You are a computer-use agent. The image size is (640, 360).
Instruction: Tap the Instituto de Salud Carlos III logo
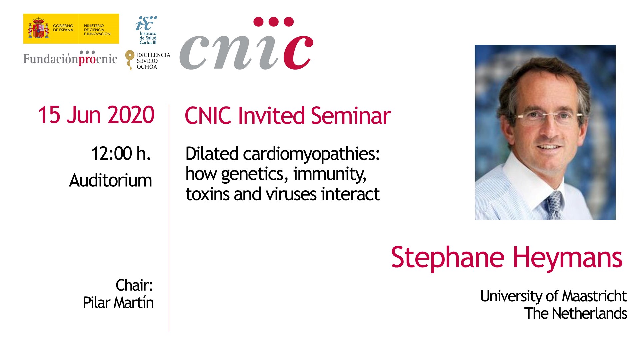pos(147,30)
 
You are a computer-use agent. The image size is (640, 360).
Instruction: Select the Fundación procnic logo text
pos(70,58)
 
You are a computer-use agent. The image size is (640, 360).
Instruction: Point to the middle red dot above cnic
pos(274,22)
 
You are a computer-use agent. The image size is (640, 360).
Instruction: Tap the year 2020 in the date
pos(131,115)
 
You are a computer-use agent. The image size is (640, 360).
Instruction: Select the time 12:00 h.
pos(121,154)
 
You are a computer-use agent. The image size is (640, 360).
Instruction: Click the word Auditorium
pos(110,180)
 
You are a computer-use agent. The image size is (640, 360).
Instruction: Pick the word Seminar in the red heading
pos(351,116)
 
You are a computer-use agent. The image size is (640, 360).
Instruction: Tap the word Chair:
pos(134,285)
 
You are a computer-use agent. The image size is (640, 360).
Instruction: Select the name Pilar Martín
pos(118,303)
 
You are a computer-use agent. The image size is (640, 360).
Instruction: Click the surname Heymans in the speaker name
pos(567,258)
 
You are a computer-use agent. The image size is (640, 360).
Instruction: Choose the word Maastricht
pos(595,296)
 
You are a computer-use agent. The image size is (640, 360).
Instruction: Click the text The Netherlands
pos(576,313)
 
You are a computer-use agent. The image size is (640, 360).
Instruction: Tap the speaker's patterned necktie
pos(555,205)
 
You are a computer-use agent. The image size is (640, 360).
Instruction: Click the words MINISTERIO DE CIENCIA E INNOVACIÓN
pos(97,30)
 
